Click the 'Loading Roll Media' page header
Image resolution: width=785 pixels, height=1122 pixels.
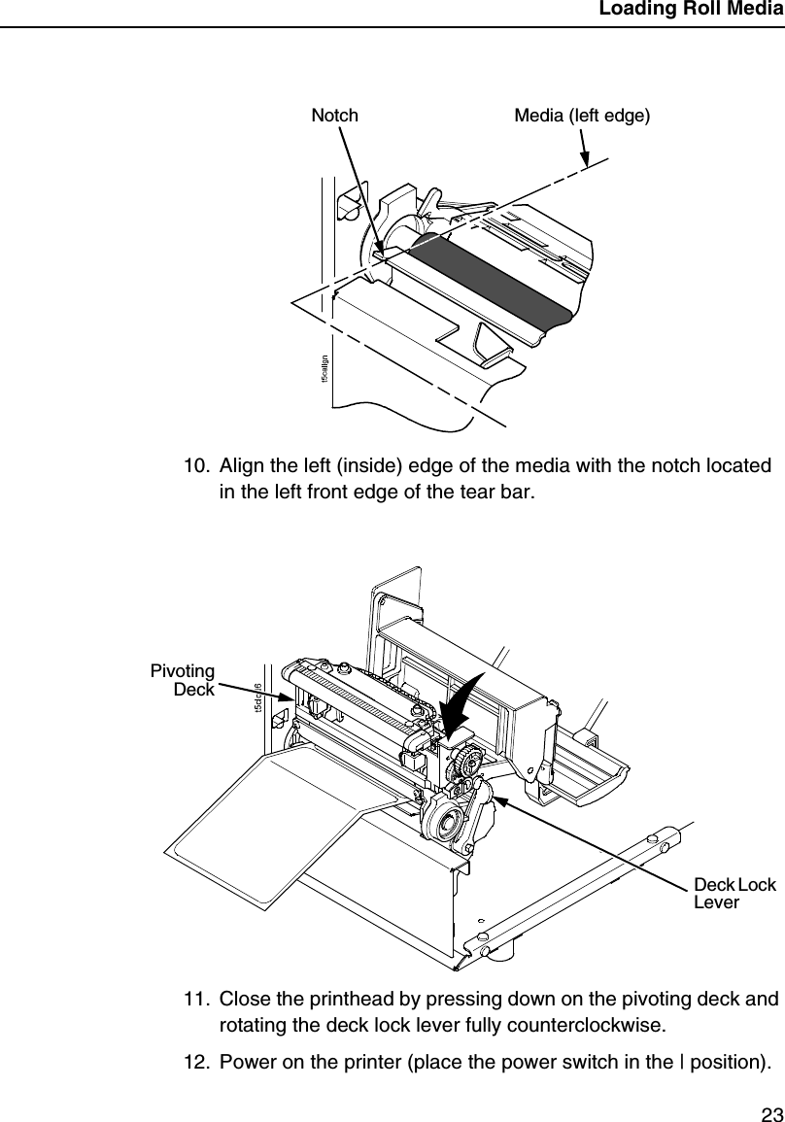(x=690, y=11)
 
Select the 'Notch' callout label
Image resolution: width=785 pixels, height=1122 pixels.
(x=334, y=116)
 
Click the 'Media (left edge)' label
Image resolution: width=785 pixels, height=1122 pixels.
(x=582, y=116)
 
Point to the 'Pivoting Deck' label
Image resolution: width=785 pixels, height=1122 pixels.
(x=183, y=680)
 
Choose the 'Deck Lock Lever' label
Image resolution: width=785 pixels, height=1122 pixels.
(x=734, y=894)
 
